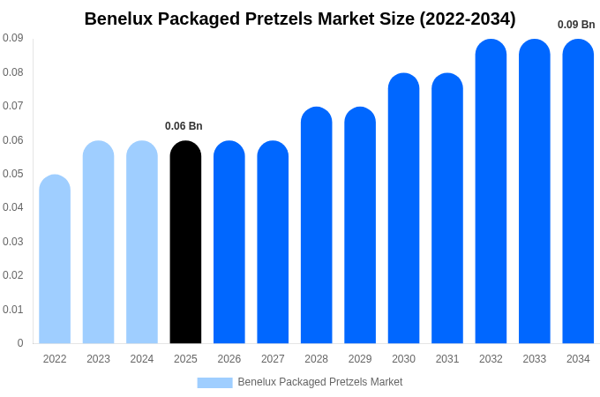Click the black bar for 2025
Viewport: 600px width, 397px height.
point(185,243)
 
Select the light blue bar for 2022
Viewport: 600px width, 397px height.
point(55,259)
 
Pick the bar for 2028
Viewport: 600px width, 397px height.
point(316,225)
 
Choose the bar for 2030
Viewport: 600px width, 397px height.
point(403,208)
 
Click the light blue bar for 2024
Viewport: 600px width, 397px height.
point(142,243)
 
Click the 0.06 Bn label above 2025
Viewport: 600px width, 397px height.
point(184,126)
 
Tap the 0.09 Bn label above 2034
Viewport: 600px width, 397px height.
point(576,25)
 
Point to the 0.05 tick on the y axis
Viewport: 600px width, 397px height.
point(13,174)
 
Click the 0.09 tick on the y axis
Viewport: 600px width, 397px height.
point(13,38)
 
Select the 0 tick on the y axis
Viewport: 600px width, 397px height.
point(20,343)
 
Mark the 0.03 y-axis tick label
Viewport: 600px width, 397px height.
point(13,242)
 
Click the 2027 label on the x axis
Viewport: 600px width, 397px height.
point(273,359)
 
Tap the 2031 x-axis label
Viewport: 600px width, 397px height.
point(447,359)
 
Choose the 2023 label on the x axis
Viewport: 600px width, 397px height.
point(98,359)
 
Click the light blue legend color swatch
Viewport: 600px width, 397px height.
point(214,383)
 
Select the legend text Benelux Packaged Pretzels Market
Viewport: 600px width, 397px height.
point(319,382)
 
